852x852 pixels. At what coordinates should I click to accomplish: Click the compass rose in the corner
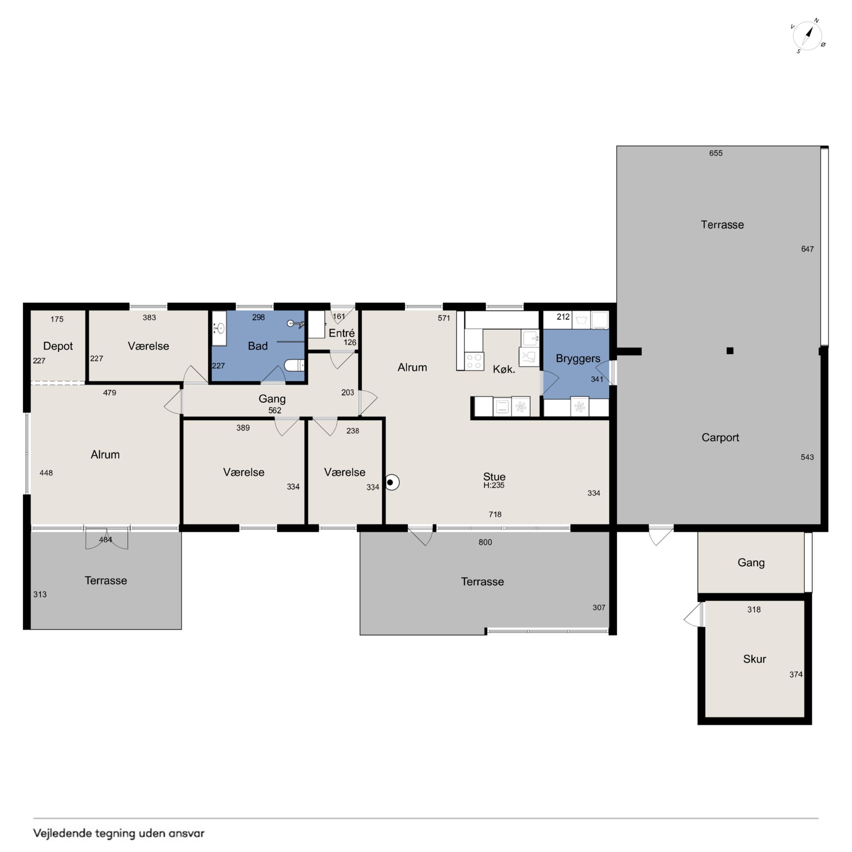point(807,35)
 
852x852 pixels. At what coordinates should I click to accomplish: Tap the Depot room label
point(58,346)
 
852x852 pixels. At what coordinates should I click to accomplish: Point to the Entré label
point(342,333)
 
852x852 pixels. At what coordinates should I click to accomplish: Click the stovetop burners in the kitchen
point(474,361)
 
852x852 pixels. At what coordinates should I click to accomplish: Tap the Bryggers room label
point(578,358)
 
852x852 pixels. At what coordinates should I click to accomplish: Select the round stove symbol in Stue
point(391,482)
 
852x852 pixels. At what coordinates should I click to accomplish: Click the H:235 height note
point(494,486)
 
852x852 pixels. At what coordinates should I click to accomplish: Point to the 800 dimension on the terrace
point(485,542)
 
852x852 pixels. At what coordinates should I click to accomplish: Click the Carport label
point(720,437)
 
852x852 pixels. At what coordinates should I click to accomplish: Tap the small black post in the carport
point(730,351)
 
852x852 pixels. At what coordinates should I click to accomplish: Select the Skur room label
point(755,659)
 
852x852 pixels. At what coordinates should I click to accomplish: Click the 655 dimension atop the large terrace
point(716,153)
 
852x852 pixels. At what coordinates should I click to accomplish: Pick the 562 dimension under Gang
point(275,411)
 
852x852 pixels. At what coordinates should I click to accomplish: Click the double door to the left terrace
point(107,538)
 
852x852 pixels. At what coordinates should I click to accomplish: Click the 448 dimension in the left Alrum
point(46,473)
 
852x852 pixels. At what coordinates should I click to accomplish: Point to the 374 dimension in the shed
point(796,675)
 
